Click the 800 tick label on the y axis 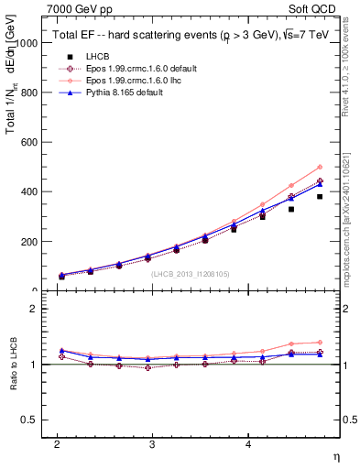click(x=29, y=93)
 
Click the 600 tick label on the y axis click(x=29, y=142)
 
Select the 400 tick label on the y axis click(x=29, y=191)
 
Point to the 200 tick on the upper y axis click(x=29, y=242)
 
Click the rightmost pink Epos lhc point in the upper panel click(x=320, y=167)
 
